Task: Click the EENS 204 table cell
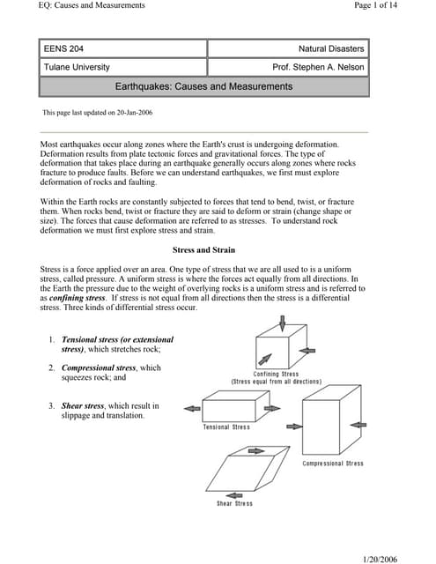click(x=123, y=48)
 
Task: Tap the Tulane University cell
click(x=123, y=68)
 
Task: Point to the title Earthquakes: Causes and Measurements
click(x=203, y=86)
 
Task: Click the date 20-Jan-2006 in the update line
click(x=137, y=114)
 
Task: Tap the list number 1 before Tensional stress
click(x=52, y=339)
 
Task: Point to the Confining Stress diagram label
click(x=276, y=375)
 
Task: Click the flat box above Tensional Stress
click(x=230, y=408)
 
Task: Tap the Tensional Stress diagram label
click(x=226, y=427)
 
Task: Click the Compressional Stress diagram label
click(x=333, y=464)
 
